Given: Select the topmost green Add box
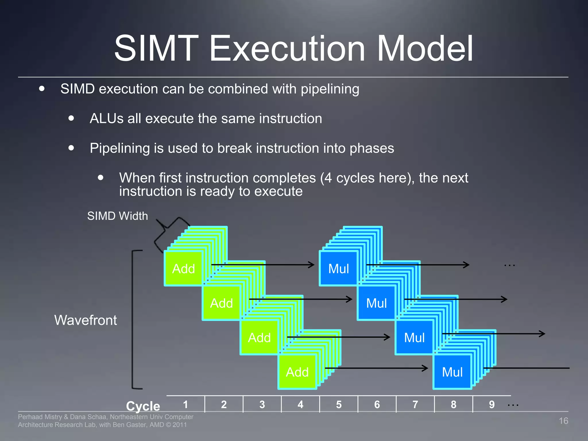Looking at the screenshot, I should click(183, 269).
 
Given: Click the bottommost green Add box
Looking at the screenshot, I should click(297, 372).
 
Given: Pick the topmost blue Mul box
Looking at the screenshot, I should click(339, 269).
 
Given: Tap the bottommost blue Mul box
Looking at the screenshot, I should click(452, 372).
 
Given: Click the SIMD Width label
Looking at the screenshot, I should click(117, 216).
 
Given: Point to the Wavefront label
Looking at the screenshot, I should click(86, 320).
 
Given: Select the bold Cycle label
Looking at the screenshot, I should click(143, 406).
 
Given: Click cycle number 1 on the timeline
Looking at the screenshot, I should click(185, 405).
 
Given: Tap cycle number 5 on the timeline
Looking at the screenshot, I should click(339, 405).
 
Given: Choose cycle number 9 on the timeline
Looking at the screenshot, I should click(492, 405).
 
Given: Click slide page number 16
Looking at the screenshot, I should click(563, 421).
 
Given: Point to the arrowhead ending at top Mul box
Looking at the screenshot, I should click(312, 265).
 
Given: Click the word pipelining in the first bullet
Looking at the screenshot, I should click(330, 89).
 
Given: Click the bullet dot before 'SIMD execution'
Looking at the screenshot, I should click(42, 88).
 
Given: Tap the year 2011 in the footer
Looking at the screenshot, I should click(179, 425).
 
